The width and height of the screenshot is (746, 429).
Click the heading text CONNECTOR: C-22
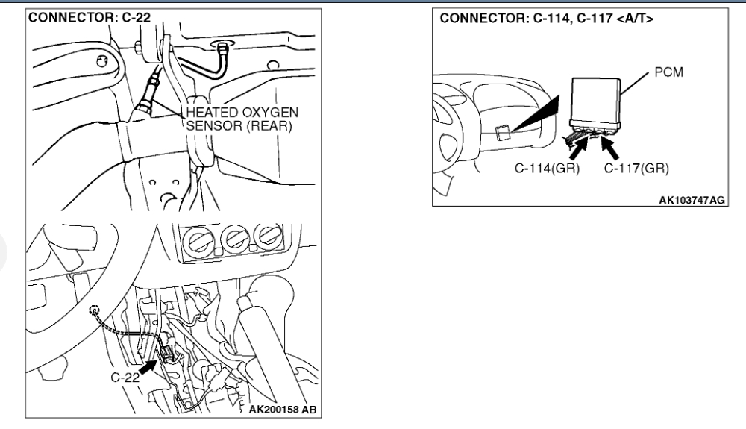point(90,18)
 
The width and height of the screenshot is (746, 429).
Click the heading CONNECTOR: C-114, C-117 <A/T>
point(546,19)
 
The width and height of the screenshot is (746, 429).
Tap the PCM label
point(669,72)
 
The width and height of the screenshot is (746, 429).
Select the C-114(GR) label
point(547,169)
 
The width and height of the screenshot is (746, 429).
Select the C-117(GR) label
point(636,169)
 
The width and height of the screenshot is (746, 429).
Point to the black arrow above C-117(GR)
point(610,148)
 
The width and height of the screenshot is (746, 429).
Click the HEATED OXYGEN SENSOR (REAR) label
point(242,119)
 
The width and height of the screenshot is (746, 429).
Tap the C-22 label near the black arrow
point(125,378)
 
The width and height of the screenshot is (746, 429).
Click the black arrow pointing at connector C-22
point(148,367)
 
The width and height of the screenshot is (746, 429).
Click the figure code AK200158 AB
point(283,410)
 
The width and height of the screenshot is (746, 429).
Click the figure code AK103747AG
point(692,200)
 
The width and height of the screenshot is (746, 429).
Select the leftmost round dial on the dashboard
point(198,239)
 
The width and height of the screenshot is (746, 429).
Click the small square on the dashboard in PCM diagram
point(503,132)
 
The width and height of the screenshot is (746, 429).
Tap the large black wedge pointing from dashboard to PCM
point(534,114)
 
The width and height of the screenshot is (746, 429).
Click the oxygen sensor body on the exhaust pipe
point(148,95)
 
